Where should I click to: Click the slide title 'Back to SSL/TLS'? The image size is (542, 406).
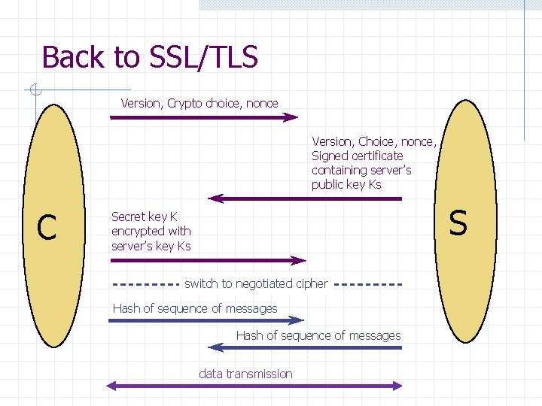pos(150,57)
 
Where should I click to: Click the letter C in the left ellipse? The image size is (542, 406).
pos(47,227)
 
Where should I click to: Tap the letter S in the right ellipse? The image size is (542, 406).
pos(458,223)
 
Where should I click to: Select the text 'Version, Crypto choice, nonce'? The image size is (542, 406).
pos(199,103)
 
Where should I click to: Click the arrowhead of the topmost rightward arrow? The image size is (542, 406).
pos(292,117)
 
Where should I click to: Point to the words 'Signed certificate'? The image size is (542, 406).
pos(358,156)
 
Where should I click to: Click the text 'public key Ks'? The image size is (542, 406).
pos(346,185)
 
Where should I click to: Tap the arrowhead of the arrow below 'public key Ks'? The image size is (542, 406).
pos(215,198)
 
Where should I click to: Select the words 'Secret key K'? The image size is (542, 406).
pos(145,217)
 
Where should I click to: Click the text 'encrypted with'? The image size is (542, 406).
pos(151,231)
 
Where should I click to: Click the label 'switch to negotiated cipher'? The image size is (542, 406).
pos(256,283)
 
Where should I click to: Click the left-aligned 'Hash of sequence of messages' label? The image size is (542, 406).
pos(195,308)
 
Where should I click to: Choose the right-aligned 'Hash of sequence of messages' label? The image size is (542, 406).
pos(318,335)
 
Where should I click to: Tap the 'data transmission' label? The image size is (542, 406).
pos(245,374)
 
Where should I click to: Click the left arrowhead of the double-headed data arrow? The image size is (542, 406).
pos(111,386)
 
